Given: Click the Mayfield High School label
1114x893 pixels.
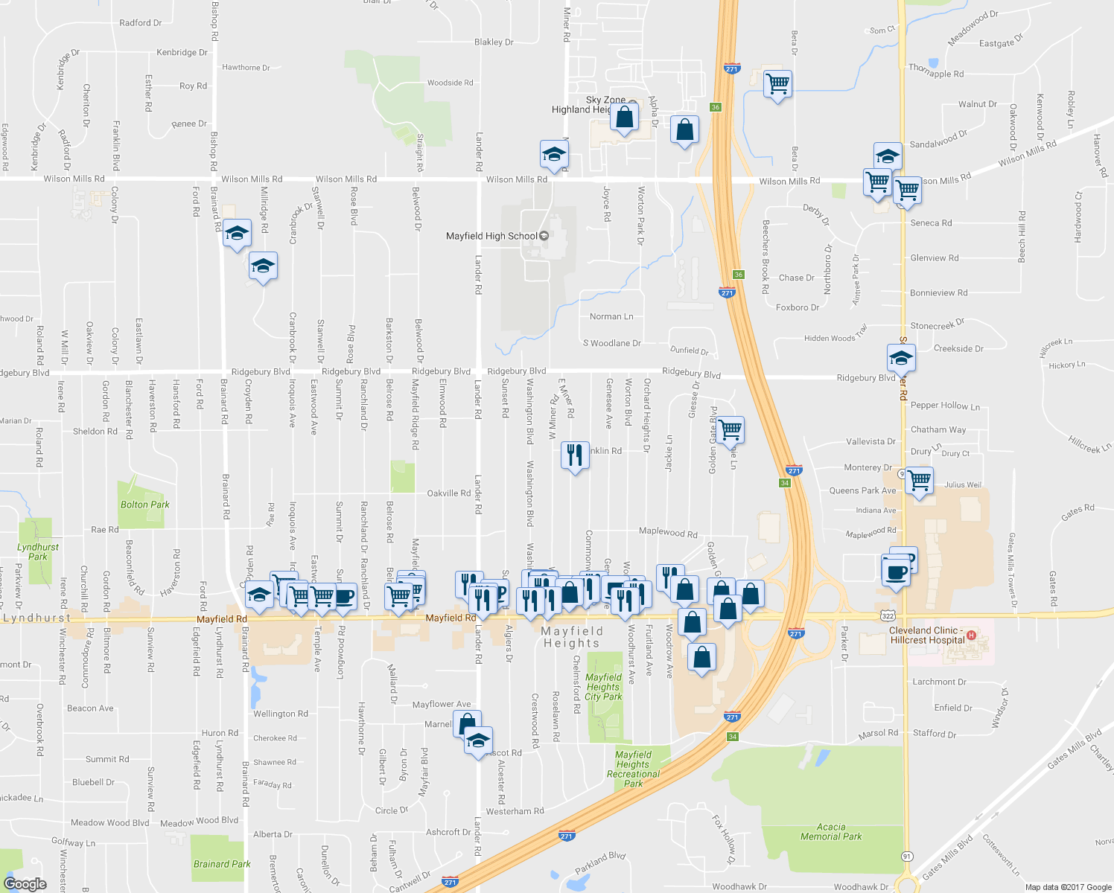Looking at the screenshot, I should pos(491,236).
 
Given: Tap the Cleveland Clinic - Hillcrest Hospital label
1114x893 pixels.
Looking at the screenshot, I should pos(927,635).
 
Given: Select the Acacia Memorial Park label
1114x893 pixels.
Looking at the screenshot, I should pos(831,831).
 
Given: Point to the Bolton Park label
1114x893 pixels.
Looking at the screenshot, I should pos(145,505).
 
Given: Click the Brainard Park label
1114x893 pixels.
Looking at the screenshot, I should pos(222,864).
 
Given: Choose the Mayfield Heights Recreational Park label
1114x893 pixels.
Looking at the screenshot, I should pos(633,769).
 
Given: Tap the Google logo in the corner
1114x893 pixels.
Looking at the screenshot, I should pos(25,883).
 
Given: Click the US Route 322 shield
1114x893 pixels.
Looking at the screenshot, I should pos(887,615).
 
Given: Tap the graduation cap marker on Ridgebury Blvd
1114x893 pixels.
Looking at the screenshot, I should pos(900,359).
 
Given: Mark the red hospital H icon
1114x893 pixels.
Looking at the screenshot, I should pos(970,636).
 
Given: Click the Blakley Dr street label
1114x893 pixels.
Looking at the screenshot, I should pos(494,42).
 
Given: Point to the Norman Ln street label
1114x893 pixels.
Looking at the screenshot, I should pos(611,316).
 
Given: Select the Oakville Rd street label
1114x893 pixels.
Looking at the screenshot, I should pos(448,493).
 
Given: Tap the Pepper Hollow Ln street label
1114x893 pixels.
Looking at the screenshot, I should pos(945,406).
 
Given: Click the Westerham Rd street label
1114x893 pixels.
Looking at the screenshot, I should pos(515,811).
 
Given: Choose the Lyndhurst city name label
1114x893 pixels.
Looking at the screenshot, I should pos(37,618).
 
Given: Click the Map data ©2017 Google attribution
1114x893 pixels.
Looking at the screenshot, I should pos(1068,887).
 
